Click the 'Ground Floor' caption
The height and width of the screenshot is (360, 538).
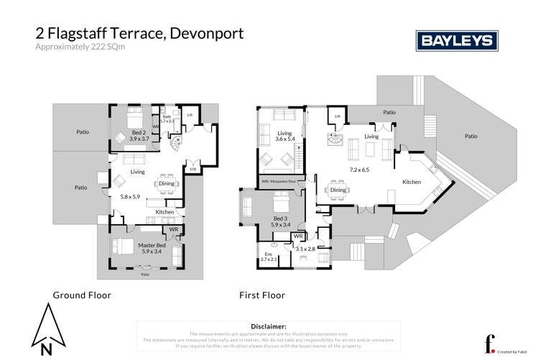coord(81,295)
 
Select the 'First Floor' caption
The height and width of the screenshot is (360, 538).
coord(262,295)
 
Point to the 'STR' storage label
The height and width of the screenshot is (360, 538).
coord(192,170)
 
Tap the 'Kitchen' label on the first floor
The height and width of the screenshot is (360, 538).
coord(412,182)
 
